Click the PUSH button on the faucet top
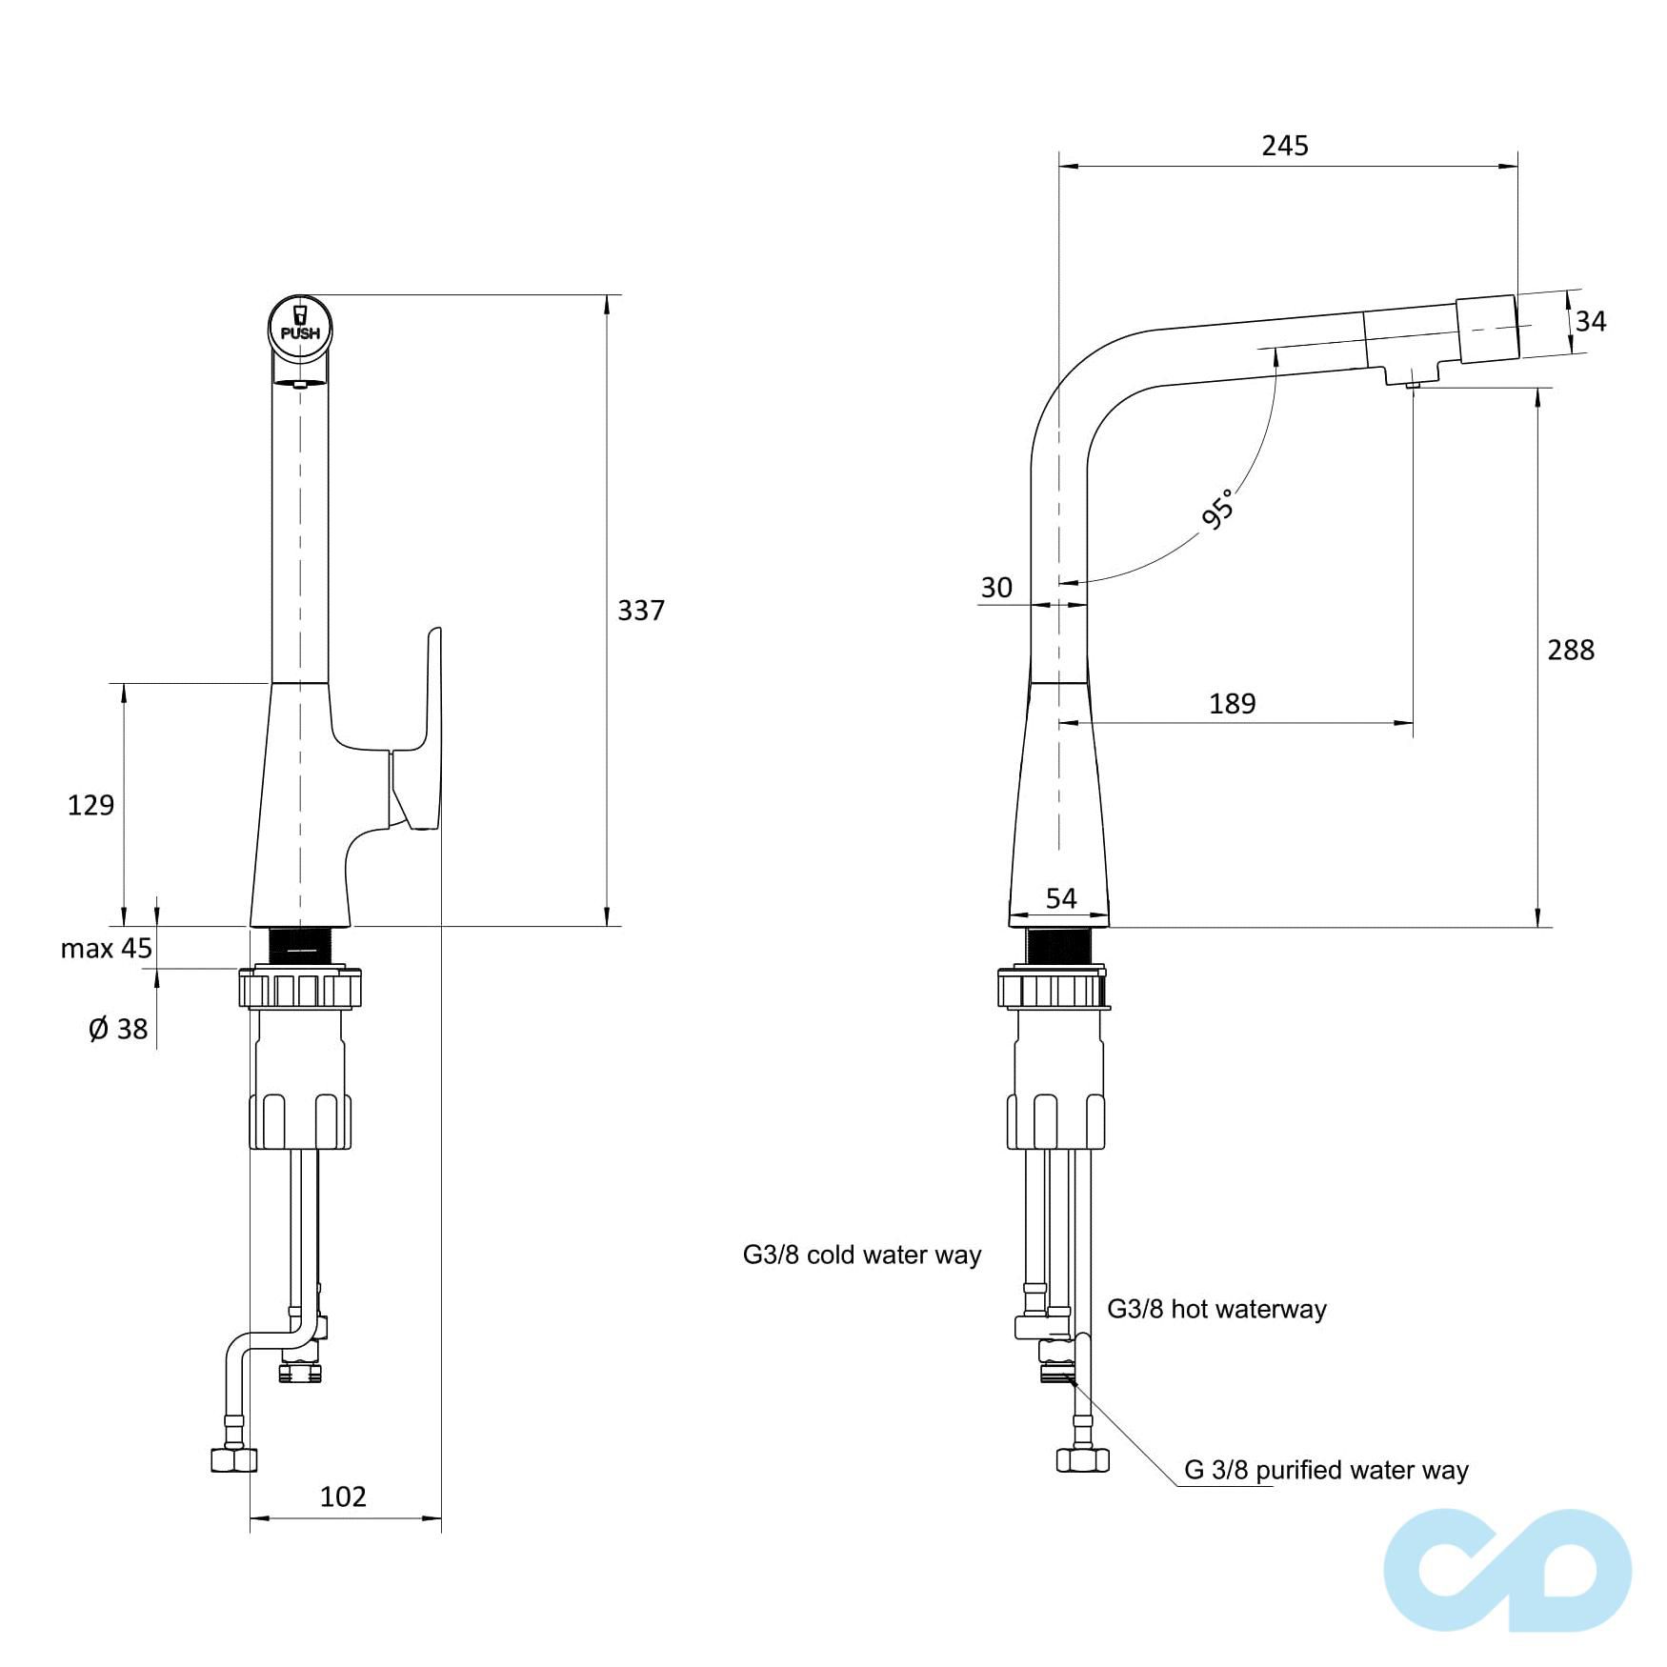300,324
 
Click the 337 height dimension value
640,611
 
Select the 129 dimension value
90,806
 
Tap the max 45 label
106,949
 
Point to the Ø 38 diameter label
118,1029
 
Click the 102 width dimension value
343,1496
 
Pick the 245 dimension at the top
1285,146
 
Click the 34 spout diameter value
1590,322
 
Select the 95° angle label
1218,509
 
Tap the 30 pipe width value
996,588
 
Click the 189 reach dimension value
1232,704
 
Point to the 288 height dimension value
1570,651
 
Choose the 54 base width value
1060,898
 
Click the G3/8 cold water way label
861,1255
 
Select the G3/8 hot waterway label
1216,1309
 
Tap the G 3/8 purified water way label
1326,1470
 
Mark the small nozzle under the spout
1413,384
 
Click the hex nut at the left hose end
233,1459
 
